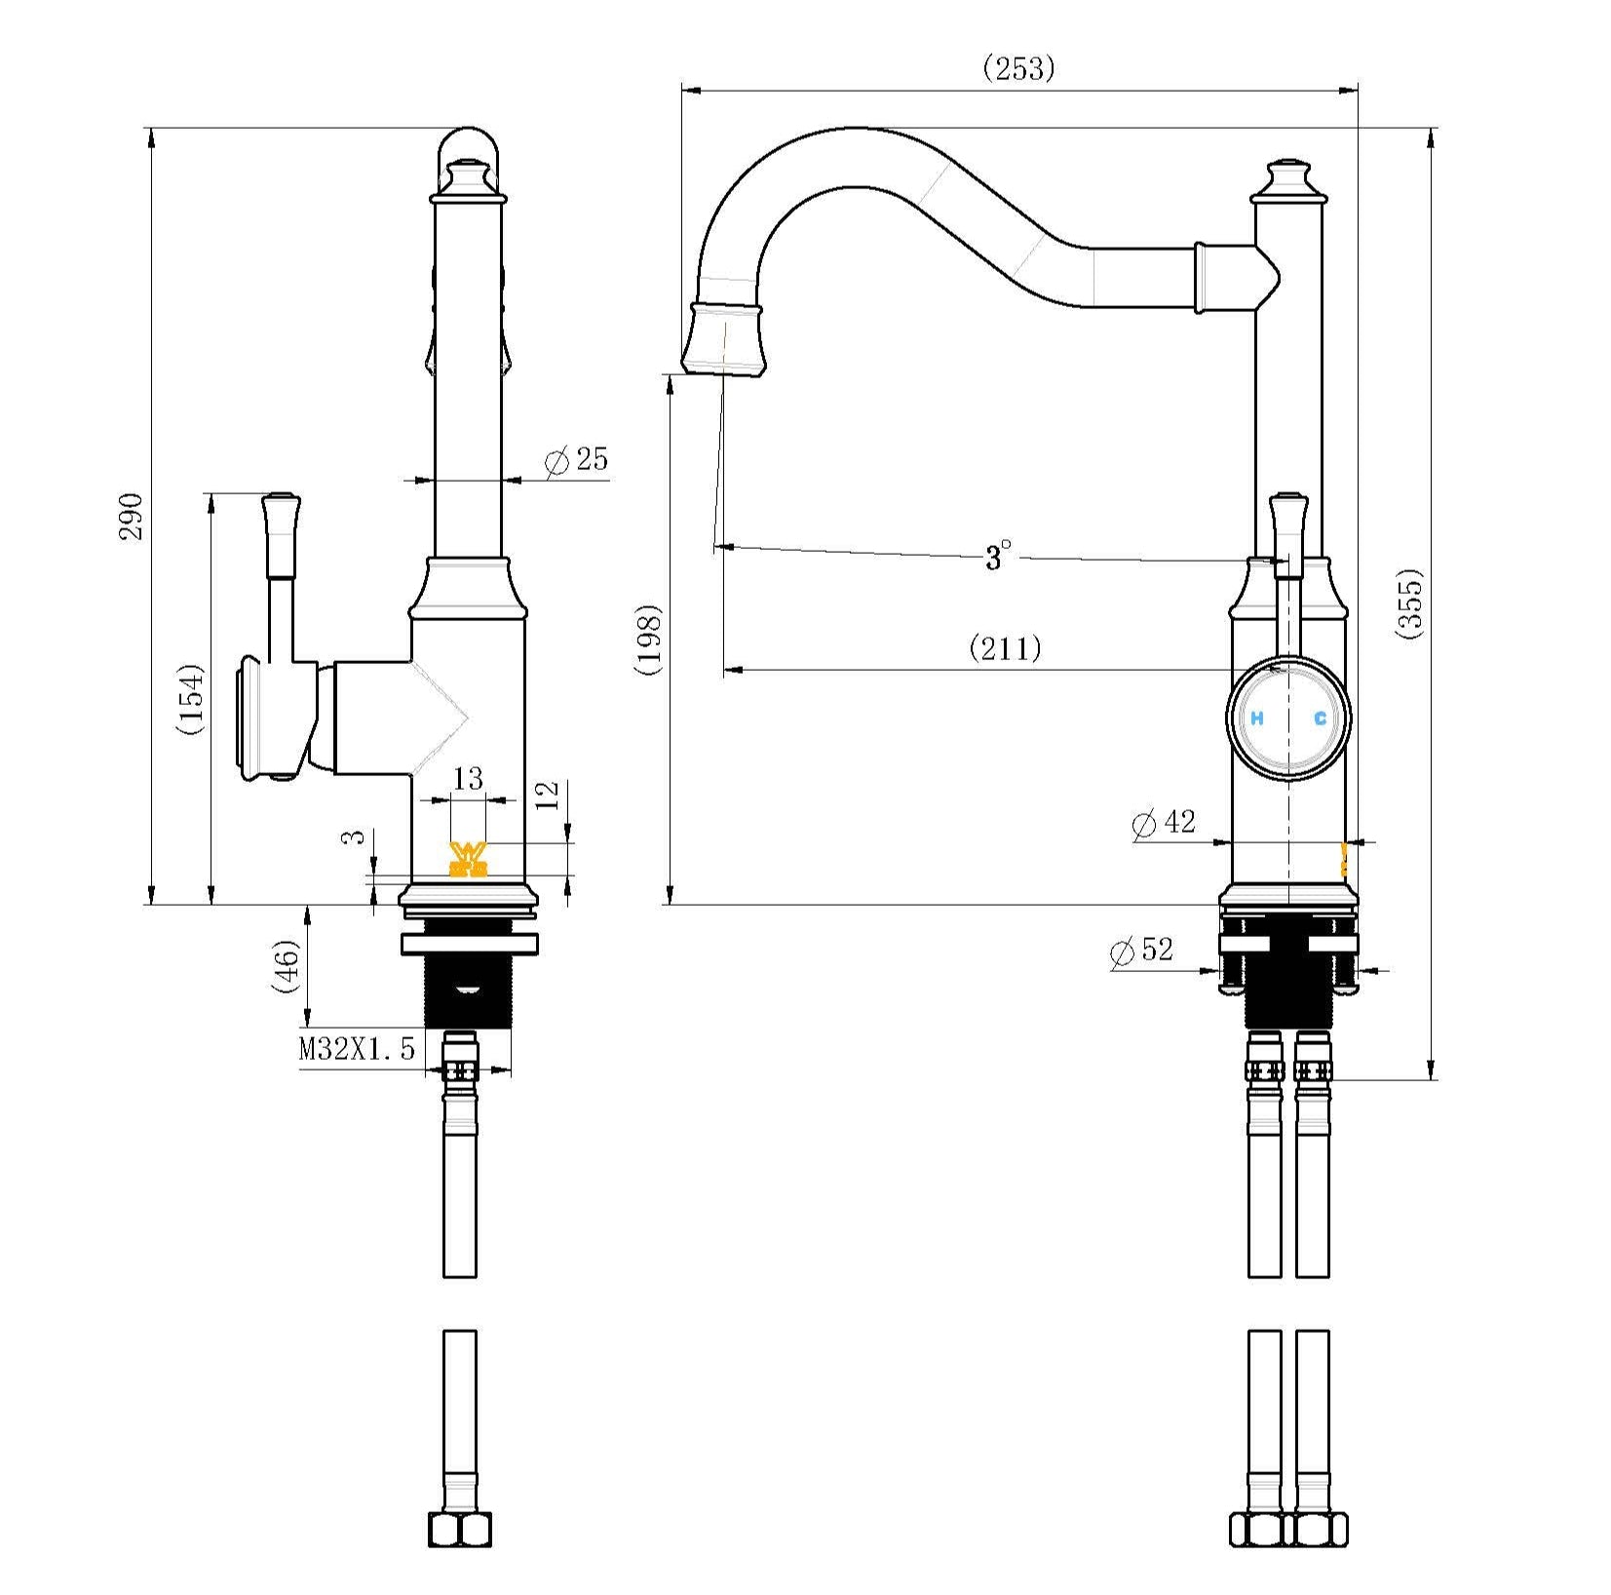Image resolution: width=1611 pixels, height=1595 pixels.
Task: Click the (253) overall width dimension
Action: coord(1018,68)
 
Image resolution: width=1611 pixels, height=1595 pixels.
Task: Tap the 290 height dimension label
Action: coord(132,517)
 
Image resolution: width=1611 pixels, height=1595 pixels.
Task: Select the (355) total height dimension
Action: coord(1410,603)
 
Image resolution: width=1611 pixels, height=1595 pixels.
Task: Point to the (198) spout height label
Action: coord(648,640)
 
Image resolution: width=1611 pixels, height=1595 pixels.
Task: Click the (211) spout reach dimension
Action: coord(1005,647)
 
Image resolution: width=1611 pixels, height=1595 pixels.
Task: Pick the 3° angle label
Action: coord(997,557)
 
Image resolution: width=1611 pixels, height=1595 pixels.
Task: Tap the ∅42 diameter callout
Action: coord(1164,823)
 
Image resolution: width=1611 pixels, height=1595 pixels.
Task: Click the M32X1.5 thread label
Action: coord(357,1049)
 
